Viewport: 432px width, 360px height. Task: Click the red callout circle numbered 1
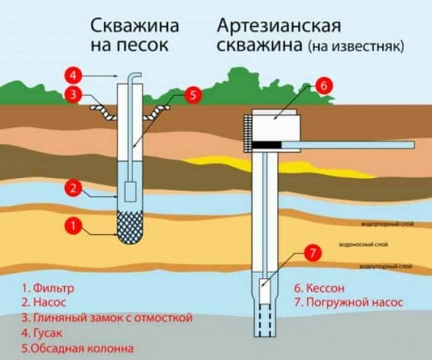(x=71, y=225)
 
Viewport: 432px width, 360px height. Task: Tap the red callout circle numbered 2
(x=71, y=189)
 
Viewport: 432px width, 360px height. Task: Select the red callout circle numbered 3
(x=71, y=94)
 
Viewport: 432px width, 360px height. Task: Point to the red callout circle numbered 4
(x=71, y=74)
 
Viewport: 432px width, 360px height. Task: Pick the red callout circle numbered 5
(x=192, y=94)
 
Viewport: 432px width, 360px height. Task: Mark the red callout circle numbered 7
(x=311, y=253)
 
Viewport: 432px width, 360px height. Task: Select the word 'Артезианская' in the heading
(x=277, y=27)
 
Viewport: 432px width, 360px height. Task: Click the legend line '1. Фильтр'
(x=48, y=289)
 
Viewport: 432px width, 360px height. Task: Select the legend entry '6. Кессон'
(x=323, y=288)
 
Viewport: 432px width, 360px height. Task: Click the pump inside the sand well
(x=130, y=192)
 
